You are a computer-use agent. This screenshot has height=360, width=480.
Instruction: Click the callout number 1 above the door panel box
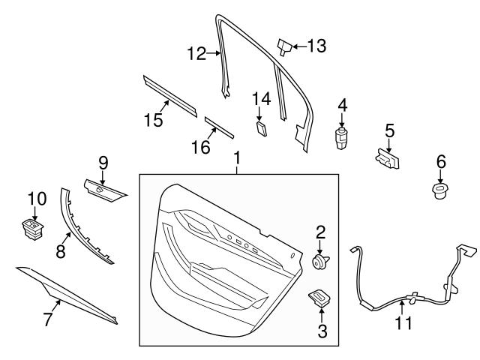[x=237, y=158]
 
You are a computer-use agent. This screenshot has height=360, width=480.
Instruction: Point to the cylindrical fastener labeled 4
[x=342, y=138]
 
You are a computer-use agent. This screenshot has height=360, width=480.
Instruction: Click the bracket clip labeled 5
[x=386, y=159]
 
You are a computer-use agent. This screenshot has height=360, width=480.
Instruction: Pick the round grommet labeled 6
[x=440, y=190]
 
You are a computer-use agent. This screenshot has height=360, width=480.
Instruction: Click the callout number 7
[x=48, y=319]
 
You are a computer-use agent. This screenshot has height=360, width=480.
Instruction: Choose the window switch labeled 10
[x=32, y=226]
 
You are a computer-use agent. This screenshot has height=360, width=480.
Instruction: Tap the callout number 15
[x=153, y=119]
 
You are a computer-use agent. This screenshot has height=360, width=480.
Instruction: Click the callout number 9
[x=103, y=161]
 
